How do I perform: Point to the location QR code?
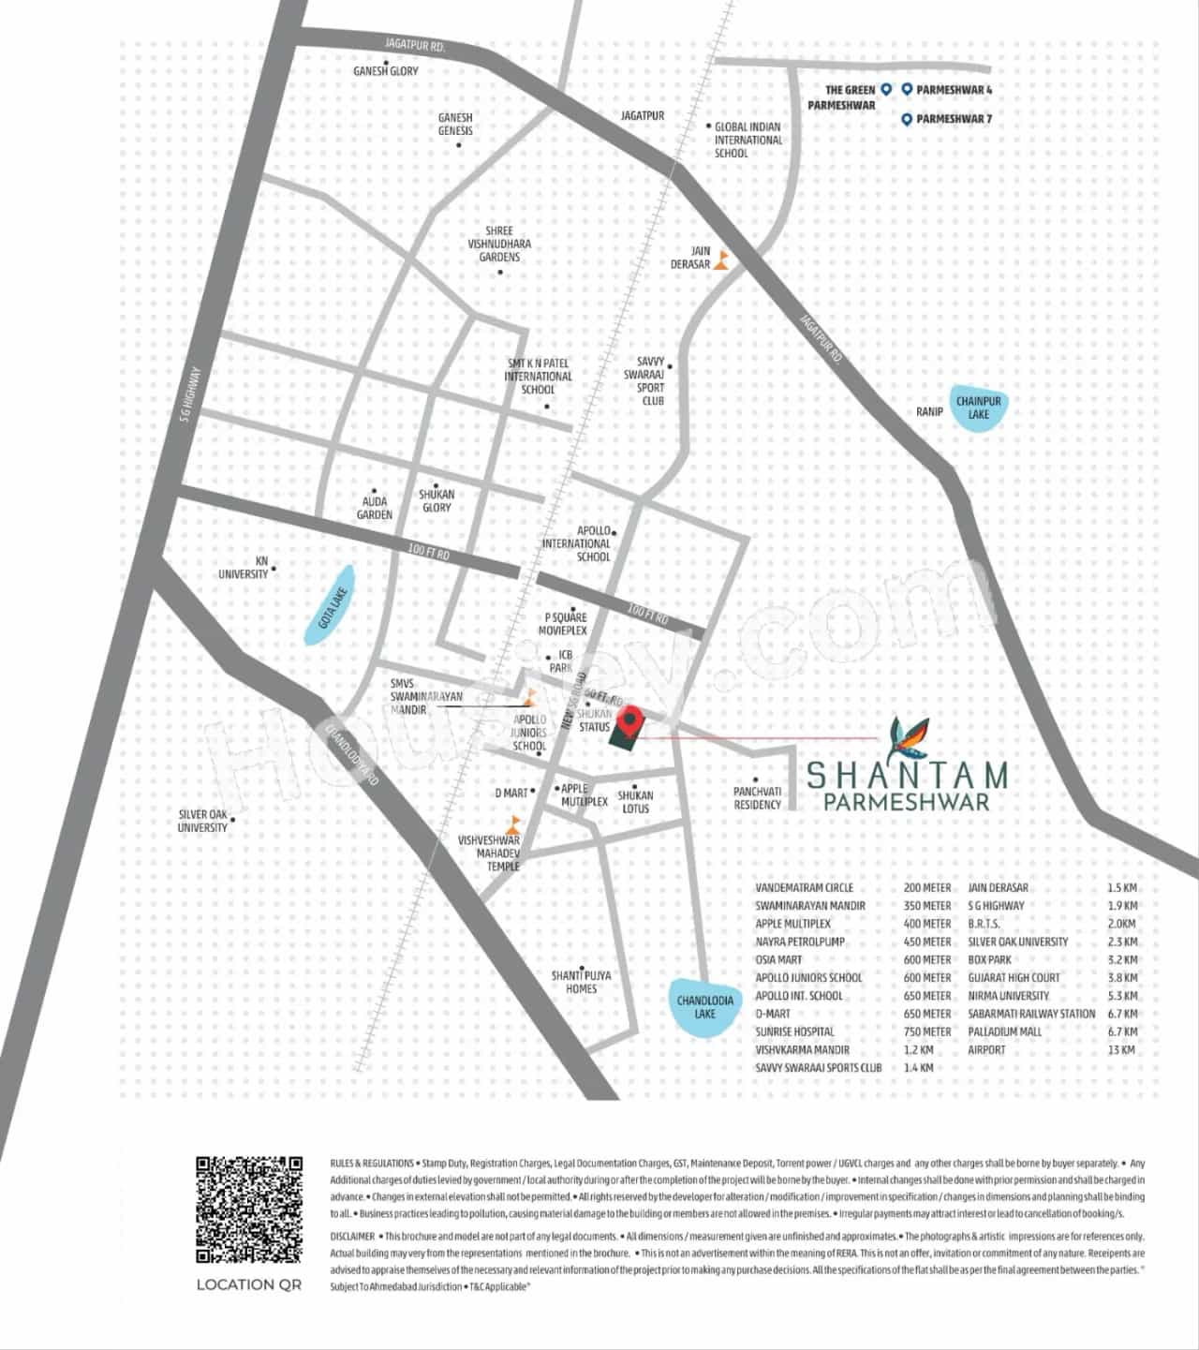(x=249, y=1209)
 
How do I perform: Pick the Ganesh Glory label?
(x=386, y=71)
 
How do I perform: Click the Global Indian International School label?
(x=748, y=140)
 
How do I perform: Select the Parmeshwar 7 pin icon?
(x=907, y=119)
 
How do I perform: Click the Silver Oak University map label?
(x=203, y=821)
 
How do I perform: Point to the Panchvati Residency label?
(x=757, y=798)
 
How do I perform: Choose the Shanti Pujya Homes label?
(x=581, y=982)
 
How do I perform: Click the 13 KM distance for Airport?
(x=1121, y=1049)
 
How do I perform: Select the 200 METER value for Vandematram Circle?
(x=927, y=887)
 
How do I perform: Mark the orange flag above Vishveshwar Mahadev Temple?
(x=513, y=825)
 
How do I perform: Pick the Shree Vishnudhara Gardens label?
(x=499, y=244)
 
